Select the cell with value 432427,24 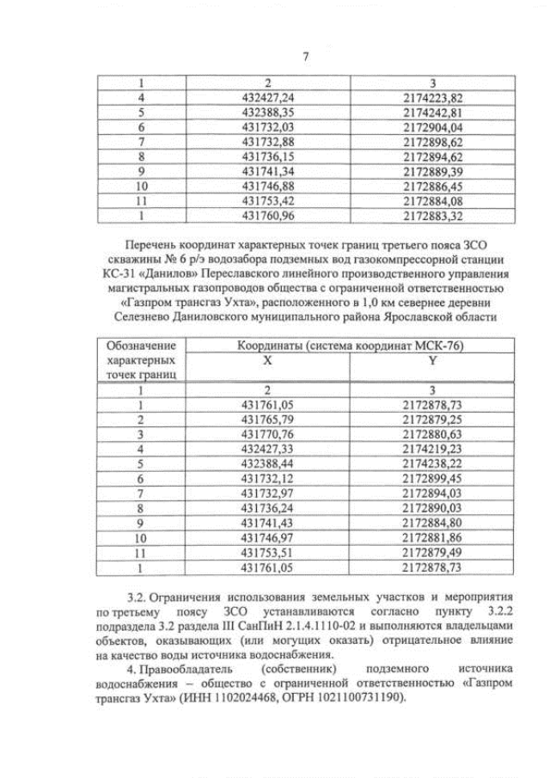coord(268,97)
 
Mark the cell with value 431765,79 coord(268,419)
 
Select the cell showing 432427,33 coord(268,448)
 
